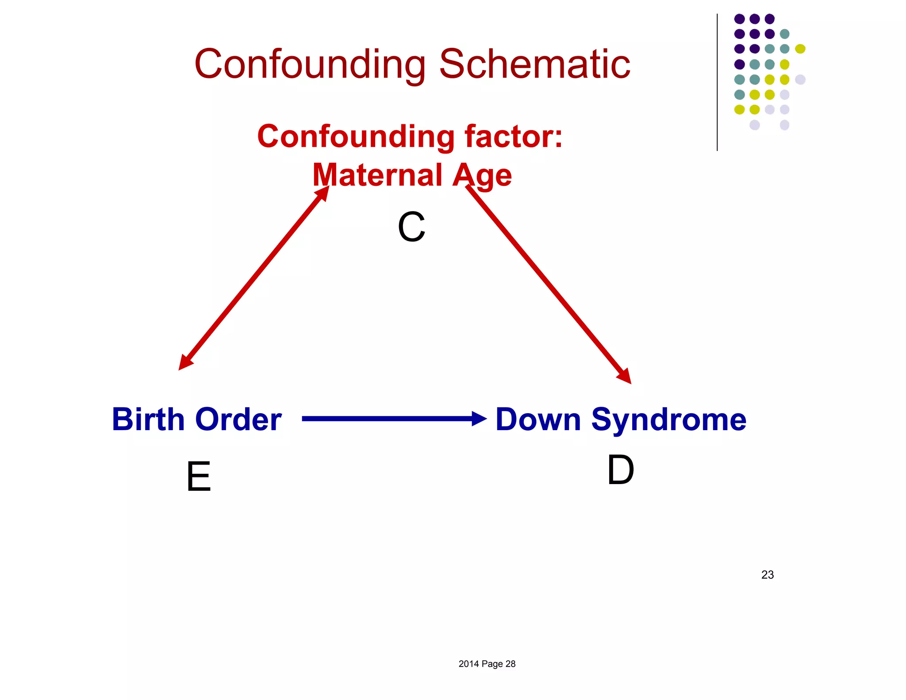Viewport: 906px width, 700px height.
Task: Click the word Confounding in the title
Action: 310,65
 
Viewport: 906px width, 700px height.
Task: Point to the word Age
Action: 482,176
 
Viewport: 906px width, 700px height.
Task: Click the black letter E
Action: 199,477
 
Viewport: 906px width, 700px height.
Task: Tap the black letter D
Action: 620,470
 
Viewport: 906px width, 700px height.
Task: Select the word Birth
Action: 148,419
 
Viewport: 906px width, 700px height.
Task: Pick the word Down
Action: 538,419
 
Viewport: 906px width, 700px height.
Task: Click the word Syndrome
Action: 669,420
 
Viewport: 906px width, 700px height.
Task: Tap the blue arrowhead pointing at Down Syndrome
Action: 479,419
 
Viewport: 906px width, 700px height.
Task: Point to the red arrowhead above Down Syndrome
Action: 625,377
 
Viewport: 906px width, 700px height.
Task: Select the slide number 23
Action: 768,575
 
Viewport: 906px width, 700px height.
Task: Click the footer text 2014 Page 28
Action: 487,664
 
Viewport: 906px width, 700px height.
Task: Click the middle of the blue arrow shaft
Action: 387,419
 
